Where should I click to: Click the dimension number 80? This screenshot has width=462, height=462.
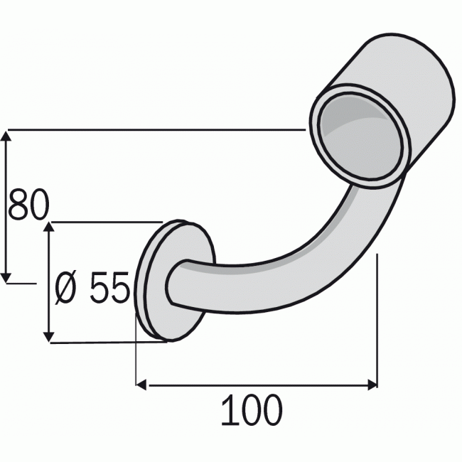(x=28, y=206)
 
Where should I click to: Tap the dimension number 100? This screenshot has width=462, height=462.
(x=251, y=411)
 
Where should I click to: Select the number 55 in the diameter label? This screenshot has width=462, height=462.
(x=109, y=287)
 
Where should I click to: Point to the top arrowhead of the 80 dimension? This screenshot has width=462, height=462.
(x=8, y=136)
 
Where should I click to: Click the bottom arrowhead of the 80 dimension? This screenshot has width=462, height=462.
(x=8, y=275)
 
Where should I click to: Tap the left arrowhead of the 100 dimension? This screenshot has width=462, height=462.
(x=141, y=385)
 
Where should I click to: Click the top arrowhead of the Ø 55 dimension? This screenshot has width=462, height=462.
(x=49, y=227)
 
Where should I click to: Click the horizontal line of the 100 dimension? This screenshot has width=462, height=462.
(x=256, y=385)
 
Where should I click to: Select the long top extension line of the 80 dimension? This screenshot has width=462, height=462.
(x=156, y=130)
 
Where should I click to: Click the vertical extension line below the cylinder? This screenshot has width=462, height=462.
(x=377, y=320)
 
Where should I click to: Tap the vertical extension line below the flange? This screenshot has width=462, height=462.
(x=136, y=355)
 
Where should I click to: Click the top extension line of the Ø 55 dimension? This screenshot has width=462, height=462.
(x=107, y=222)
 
